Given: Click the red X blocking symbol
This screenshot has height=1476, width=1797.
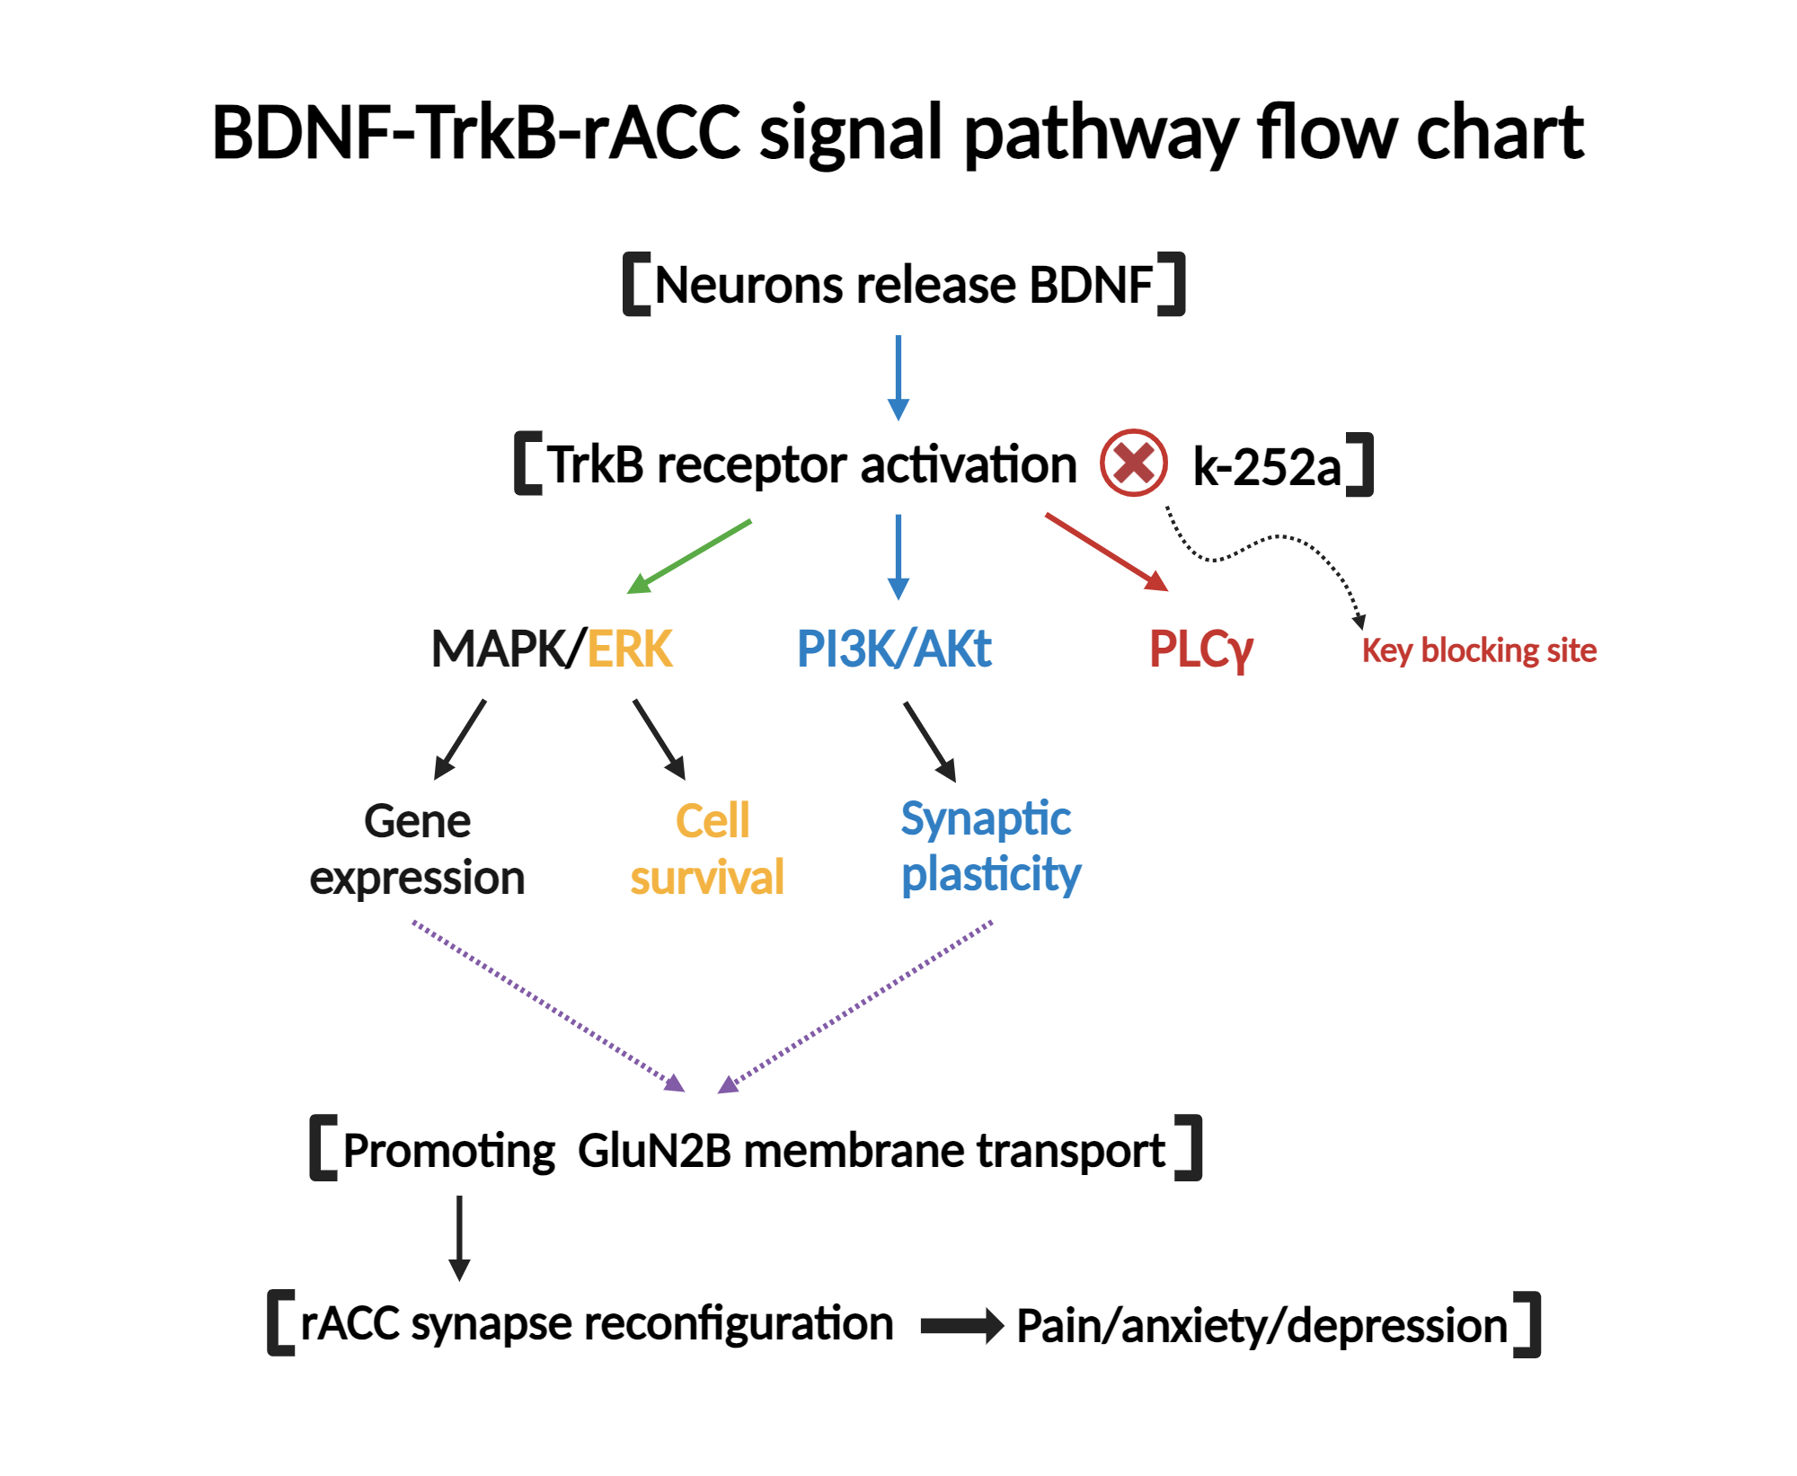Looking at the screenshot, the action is [x=1134, y=463].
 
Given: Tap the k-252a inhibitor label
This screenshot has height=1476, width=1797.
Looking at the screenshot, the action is [x=1267, y=466].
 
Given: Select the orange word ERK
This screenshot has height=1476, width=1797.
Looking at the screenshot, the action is [x=630, y=649].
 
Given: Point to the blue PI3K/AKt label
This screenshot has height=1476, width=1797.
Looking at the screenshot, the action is [x=894, y=649].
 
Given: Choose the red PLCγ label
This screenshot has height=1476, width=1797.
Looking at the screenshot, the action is [x=1201, y=650].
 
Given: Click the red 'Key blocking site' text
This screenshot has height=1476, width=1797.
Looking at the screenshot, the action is [x=1479, y=650].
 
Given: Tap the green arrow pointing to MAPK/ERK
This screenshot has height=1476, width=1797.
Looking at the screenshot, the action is [x=689, y=557].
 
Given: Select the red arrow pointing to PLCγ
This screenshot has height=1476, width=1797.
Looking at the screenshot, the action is [x=1107, y=552].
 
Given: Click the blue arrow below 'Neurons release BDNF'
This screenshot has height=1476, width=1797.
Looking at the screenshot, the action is [x=898, y=378].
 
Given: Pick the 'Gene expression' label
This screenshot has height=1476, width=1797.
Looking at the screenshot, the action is [x=417, y=849].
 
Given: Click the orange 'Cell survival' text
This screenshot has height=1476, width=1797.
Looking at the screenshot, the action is [x=707, y=849].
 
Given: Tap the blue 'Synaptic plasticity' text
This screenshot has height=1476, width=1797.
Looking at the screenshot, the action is [x=990, y=847].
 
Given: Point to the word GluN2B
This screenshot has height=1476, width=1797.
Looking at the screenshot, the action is [x=655, y=1151].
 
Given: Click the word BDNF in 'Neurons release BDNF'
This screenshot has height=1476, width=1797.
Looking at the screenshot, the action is [x=1091, y=285].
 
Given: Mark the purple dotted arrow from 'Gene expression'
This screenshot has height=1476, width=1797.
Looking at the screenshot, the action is [x=549, y=1006].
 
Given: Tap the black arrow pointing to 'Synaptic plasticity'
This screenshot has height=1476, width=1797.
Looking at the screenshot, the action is [x=930, y=742].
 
